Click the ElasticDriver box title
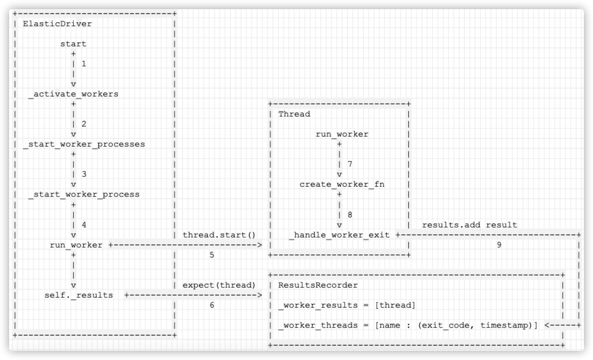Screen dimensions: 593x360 (57, 24)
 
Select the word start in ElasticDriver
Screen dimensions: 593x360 (73, 44)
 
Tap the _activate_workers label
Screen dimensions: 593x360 (73, 94)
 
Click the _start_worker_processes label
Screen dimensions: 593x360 (84, 144)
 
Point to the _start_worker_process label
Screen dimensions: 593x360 (84, 194)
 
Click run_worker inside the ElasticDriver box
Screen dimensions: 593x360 (76, 245)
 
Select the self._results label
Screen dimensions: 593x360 (78, 295)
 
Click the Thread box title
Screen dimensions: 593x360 (294, 114)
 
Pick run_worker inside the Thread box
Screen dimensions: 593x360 (342, 134)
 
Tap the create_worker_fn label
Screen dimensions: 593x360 (342, 184)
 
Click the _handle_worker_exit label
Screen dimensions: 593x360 (340, 235)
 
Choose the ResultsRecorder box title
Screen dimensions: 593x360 (318, 285)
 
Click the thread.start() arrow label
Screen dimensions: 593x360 (220, 235)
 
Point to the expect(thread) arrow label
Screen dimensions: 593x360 (220, 285)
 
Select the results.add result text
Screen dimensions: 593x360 (470, 225)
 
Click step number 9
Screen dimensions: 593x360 (499, 245)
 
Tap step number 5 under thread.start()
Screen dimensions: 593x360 (212, 255)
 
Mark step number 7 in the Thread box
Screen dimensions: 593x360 (350, 164)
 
